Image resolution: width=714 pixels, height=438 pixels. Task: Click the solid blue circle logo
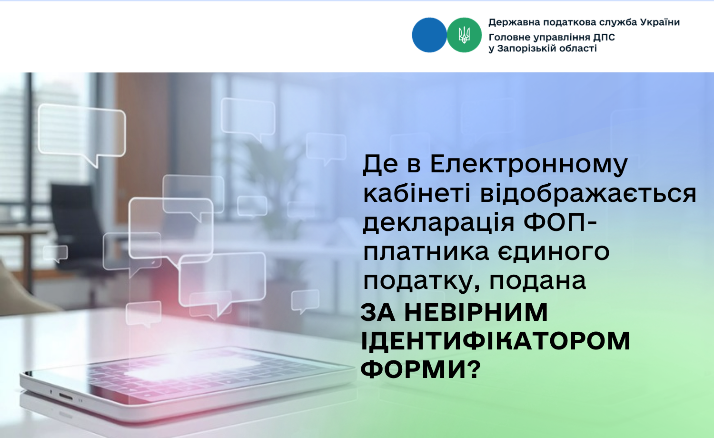(429, 35)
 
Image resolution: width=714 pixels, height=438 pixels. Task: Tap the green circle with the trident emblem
(464, 35)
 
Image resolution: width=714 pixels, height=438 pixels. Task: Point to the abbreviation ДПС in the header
(604, 38)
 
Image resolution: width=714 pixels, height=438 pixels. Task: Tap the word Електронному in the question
(529, 165)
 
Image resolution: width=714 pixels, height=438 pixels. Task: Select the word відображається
(588, 194)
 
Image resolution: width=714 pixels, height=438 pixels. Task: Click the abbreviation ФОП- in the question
(560, 222)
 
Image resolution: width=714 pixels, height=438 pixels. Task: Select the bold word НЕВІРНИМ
(476, 312)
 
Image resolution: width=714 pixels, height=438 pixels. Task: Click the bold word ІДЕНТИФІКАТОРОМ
(496, 341)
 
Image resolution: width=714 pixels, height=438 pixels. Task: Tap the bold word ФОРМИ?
(421, 369)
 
